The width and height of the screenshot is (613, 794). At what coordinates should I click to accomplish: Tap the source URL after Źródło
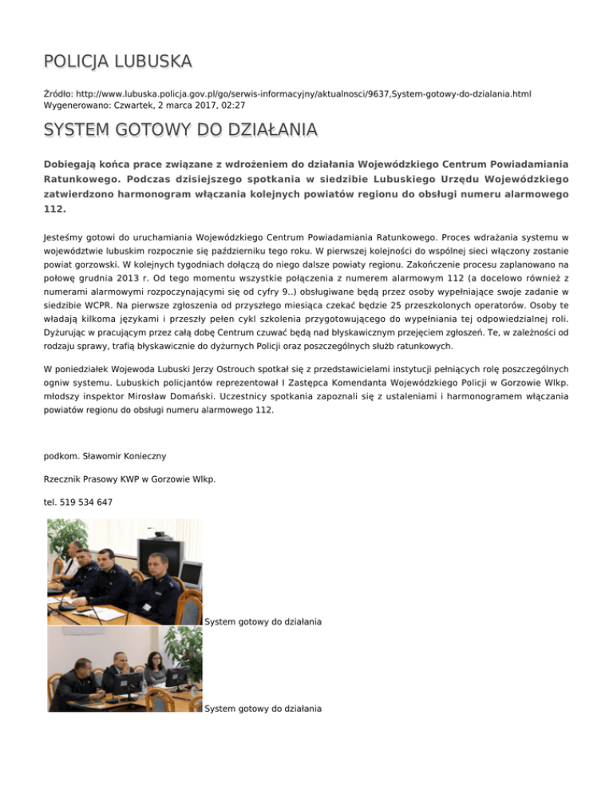[x=302, y=93]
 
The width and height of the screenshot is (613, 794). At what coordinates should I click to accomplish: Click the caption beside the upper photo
[x=263, y=621]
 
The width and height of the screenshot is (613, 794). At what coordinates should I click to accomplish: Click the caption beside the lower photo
[x=263, y=708]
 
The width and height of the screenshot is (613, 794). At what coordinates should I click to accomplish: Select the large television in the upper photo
[x=189, y=574]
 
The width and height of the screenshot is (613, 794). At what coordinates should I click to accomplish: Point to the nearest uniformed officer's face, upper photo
[x=157, y=568]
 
